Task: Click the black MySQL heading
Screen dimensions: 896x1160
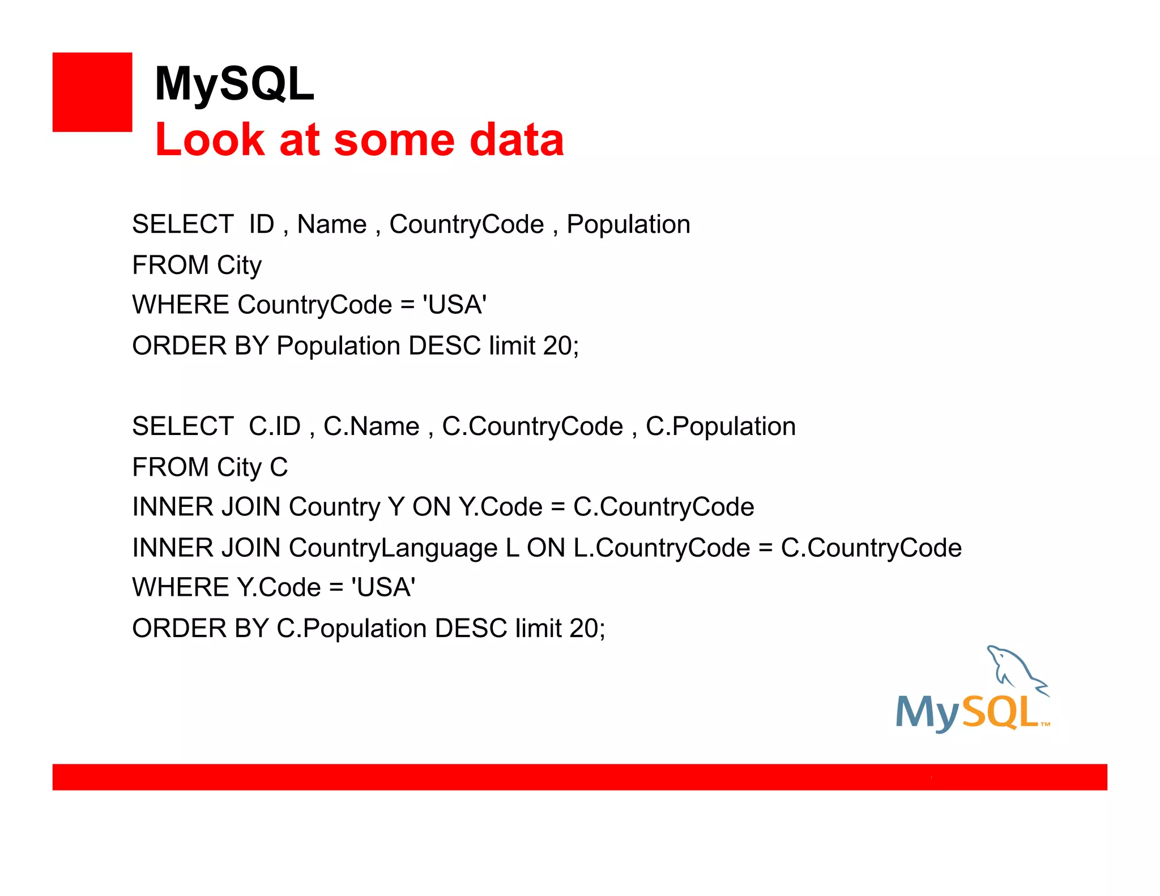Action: (x=234, y=84)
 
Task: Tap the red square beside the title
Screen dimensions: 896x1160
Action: (x=92, y=92)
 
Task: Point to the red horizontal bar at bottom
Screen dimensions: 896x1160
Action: (x=579, y=776)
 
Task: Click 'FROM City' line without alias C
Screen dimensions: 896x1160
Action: (x=197, y=265)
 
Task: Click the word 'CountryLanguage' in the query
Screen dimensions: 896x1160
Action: (x=393, y=548)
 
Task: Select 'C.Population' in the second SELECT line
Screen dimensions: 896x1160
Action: (x=720, y=426)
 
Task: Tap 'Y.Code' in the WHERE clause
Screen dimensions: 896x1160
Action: (x=279, y=587)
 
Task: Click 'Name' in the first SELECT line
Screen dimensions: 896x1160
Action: (x=332, y=224)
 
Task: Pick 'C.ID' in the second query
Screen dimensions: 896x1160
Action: (x=275, y=426)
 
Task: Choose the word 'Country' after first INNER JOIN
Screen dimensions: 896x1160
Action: (x=334, y=507)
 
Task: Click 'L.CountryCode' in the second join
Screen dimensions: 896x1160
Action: (x=662, y=548)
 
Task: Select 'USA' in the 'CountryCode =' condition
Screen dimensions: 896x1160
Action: (x=455, y=305)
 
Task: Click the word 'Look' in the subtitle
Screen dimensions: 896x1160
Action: (x=210, y=140)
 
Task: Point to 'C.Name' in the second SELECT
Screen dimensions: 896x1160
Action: (x=371, y=426)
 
